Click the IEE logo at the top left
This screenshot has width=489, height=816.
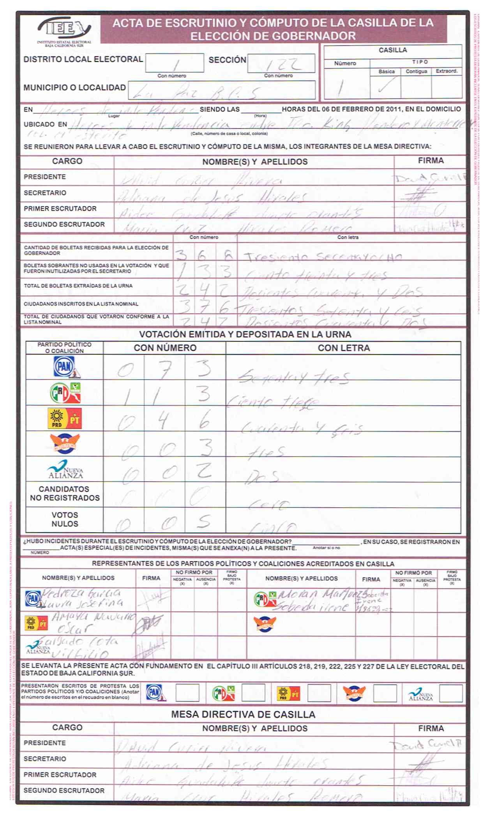tap(64, 30)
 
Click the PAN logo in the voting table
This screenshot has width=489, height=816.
tap(65, 367)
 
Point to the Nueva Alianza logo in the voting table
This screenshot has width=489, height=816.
tap(65, 470)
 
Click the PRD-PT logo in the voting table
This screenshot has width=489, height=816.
tap(65, 419)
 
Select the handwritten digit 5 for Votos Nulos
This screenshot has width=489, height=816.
tap(204, 521)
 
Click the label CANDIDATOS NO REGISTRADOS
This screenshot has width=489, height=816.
tap(65, 493)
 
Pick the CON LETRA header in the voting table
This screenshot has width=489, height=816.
tap(344, 348)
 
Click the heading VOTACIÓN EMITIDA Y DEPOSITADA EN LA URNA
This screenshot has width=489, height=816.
tap(245, 334)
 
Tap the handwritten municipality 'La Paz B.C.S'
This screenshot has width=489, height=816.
tap(195, 92)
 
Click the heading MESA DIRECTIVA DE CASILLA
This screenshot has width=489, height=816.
tap(243, 714)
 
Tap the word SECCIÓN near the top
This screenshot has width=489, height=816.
tap(227, 60)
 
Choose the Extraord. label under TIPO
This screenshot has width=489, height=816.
tap(447, 71)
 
